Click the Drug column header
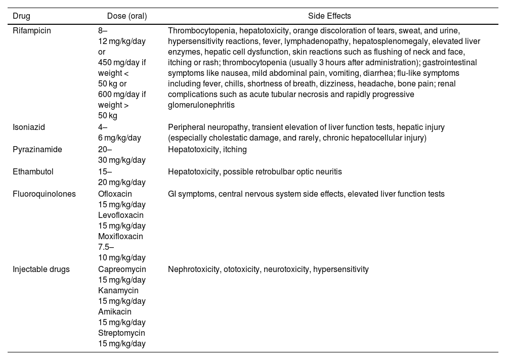pos(21,16)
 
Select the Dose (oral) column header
pos(127,16)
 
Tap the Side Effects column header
pos(329,16)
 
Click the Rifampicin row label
pos(32,30)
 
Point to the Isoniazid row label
pos(29,127)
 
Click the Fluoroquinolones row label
pos(44,194)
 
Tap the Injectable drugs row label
pos(41,269)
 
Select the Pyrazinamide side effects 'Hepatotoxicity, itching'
pos(207,150)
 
